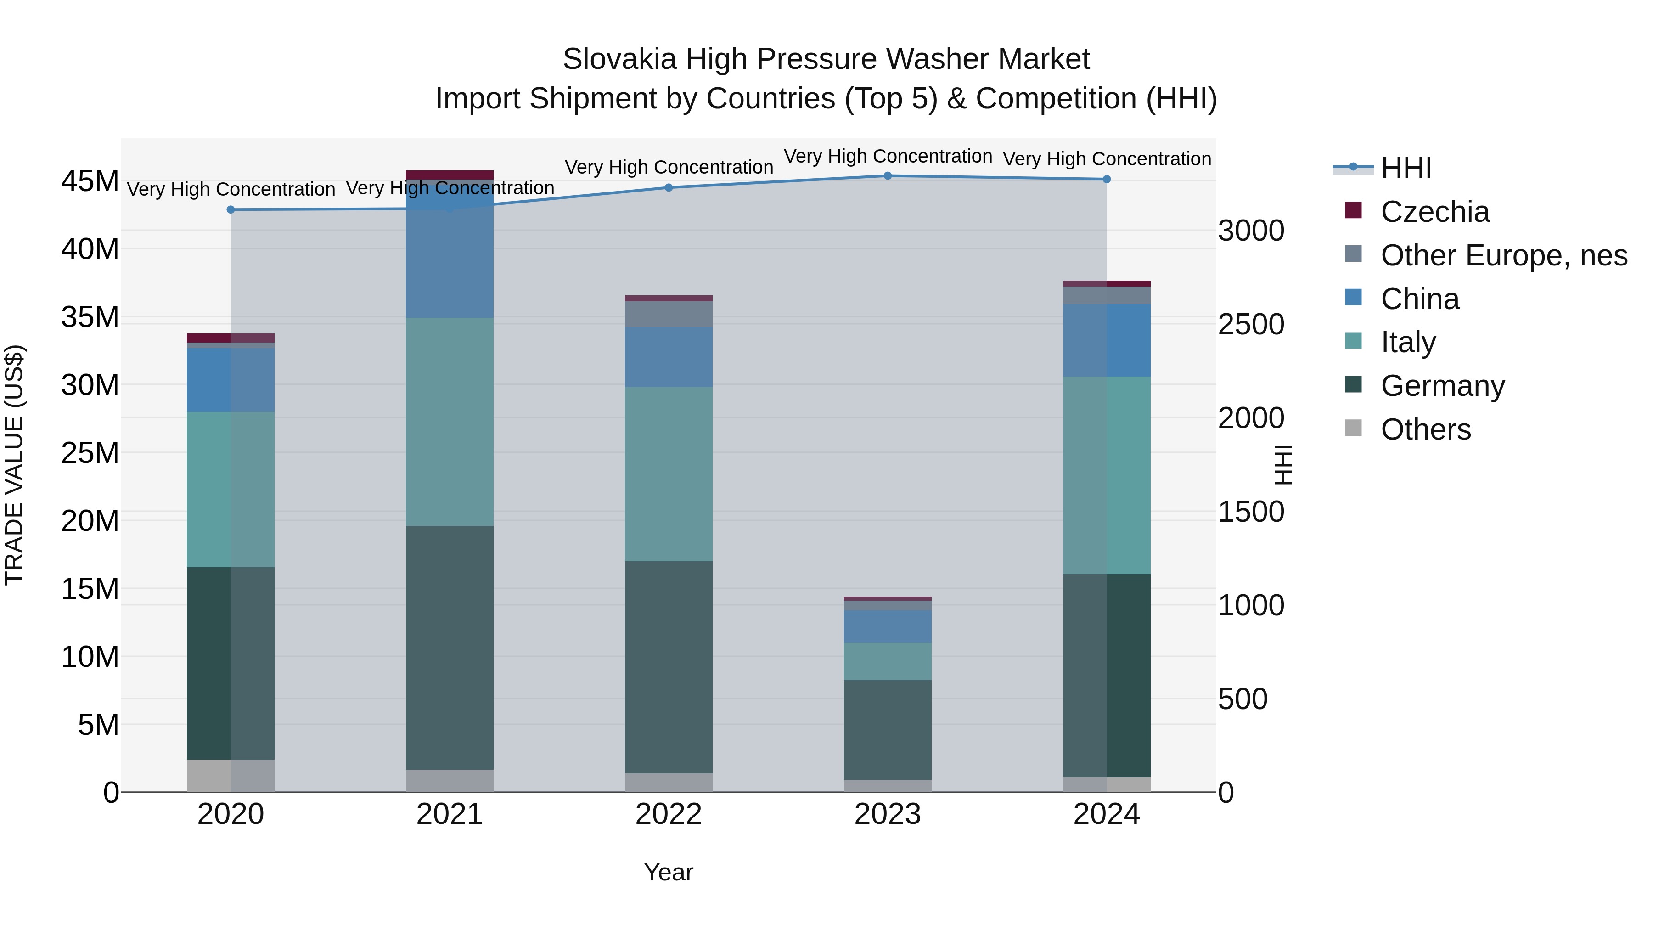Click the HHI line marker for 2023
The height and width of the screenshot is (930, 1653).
(x=888, y=176)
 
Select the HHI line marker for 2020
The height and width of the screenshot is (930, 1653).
(x=231, y=210)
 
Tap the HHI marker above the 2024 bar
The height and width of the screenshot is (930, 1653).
(x=1106, y=180)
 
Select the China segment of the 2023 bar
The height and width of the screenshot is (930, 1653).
(x=888, y=626)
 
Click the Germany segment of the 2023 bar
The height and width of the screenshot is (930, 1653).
(x=888, y=730)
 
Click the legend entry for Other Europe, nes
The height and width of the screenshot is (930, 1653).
(x=1503, y=255)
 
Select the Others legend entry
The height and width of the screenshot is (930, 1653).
(x=1425, y=429)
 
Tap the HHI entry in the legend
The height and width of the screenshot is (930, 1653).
(x=1406, y=168)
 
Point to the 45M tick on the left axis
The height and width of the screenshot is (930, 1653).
(x=90, y=181)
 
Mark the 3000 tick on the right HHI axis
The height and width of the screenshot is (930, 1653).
(x=1251, y=231)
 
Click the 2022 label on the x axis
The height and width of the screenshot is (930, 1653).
(x=669, y=814)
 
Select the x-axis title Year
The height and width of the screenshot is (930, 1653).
(x=669, y=872)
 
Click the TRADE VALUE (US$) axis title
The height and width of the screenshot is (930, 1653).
(x=14, y=465)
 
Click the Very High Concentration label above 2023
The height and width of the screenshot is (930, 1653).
(x=888, y=156)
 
